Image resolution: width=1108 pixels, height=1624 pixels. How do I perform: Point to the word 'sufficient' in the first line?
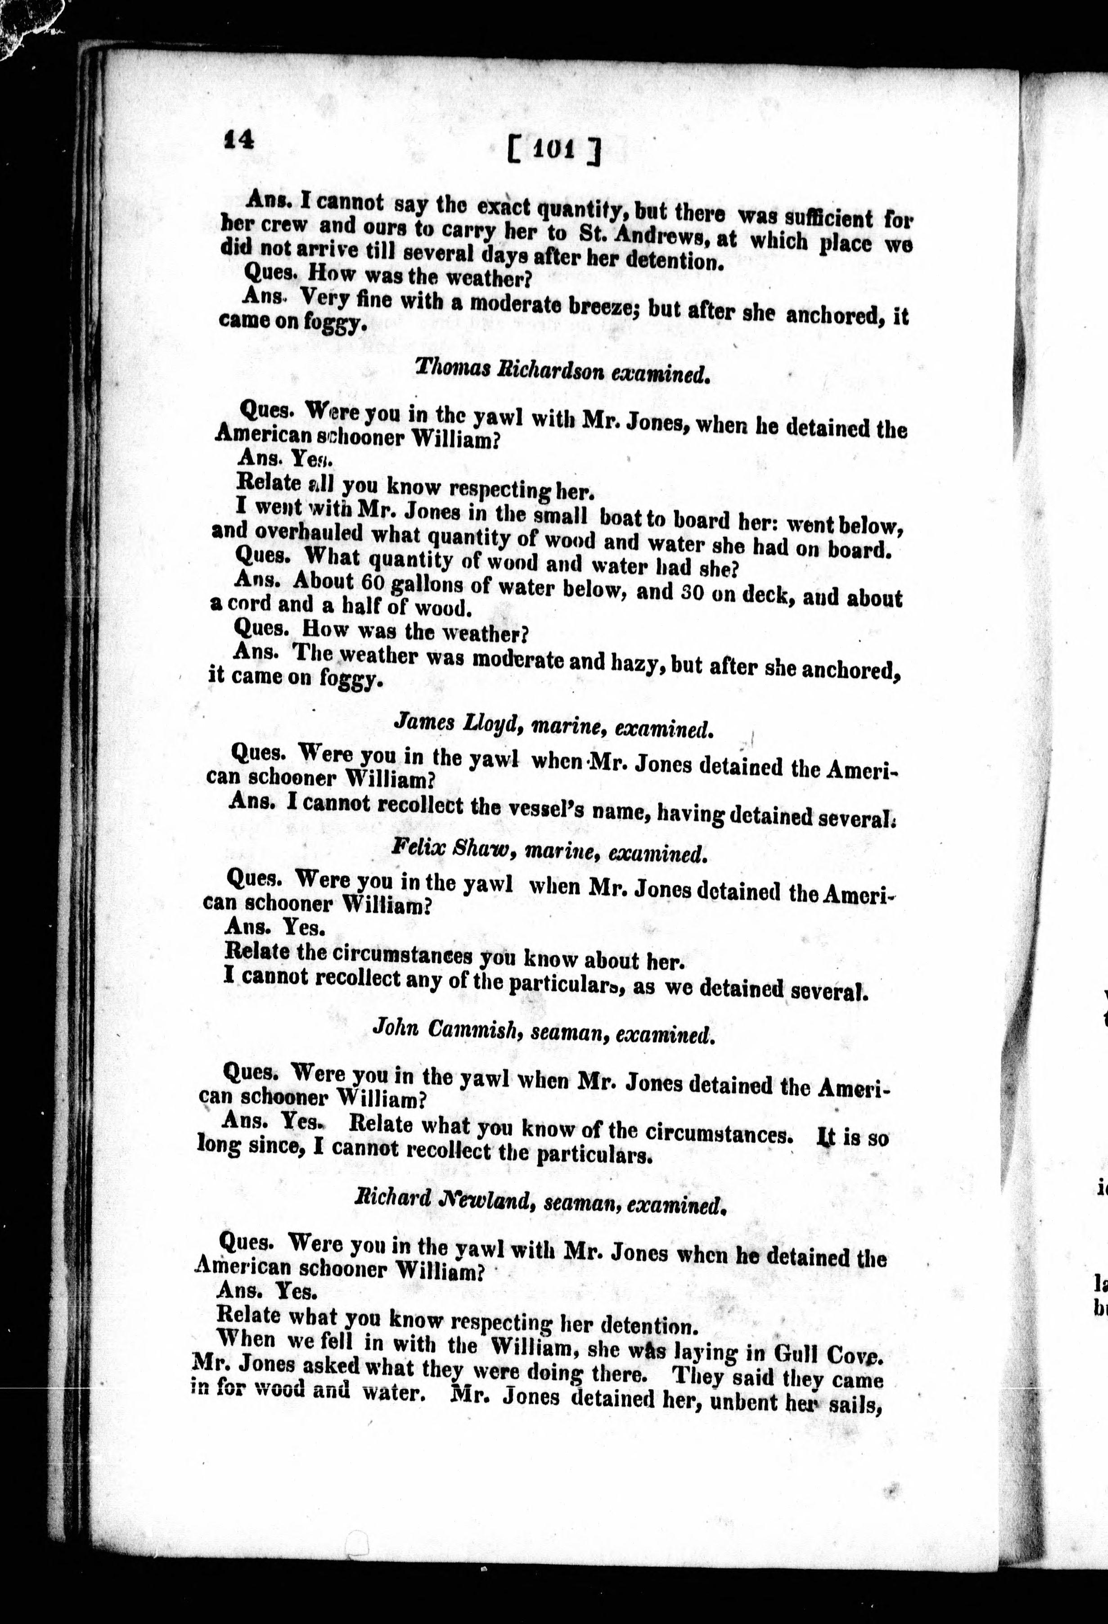pyautogui.click(x=813, y=218)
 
